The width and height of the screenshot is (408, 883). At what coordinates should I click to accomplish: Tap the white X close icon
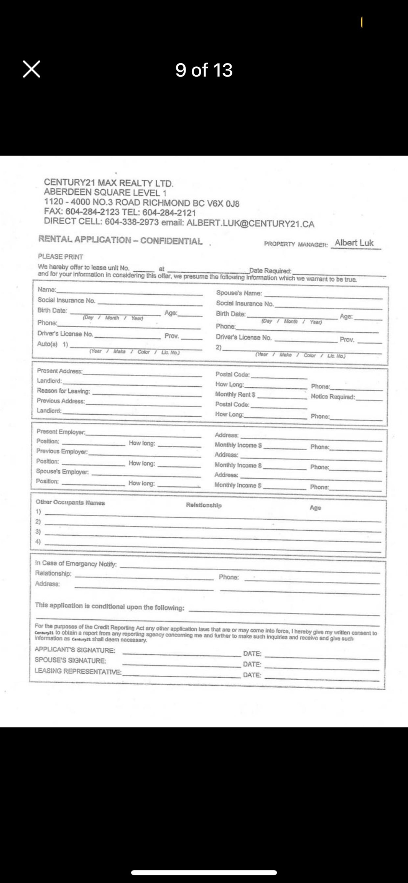tap(31, 69)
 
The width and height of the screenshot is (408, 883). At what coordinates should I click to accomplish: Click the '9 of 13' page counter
tap(204, 70)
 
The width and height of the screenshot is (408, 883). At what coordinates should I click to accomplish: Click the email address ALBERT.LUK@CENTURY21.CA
tap(250, 224)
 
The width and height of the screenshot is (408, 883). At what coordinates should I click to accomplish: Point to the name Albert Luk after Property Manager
tap(354, 243)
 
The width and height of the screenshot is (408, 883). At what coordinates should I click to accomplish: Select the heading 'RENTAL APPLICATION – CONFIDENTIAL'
tap(120, 240)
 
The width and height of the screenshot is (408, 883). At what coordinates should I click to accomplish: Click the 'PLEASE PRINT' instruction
tap(61, 256)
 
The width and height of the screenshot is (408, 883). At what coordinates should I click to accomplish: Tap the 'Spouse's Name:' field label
tap(239, 293)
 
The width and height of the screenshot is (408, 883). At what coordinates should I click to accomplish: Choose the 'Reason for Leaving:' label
tap(64, 391)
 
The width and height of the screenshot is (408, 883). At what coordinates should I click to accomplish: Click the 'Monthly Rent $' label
tap(235, 394)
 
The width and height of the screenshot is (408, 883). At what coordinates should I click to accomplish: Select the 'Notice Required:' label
tap(333, 397)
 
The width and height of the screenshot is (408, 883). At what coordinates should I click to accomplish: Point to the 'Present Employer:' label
tap(61, 432)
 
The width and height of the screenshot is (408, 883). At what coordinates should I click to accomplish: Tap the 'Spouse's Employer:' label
tap(63, 472)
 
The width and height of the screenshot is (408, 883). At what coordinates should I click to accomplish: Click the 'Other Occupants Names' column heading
tap(70, 502)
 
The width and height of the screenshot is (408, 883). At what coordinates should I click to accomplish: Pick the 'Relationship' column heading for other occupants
tap(204, 505)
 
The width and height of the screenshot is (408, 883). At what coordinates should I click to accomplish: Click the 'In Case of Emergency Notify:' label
tap(76, 563)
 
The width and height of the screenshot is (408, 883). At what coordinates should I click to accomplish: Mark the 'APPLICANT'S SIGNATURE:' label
tap(75, 650)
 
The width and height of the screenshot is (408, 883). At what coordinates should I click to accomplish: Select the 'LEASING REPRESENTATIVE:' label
tap(78, 671)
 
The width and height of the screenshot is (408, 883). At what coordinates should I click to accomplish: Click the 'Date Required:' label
tap(270, 271)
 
